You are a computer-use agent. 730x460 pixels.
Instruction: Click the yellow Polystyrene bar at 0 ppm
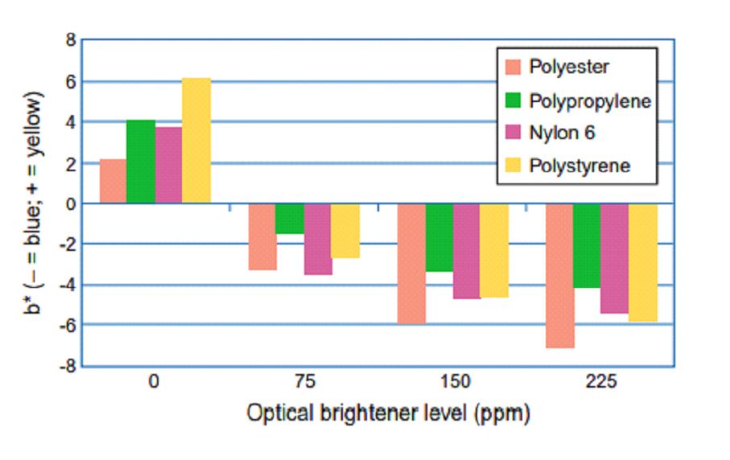coord(196,141)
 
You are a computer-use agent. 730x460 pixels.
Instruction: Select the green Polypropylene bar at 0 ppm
coord(141,162)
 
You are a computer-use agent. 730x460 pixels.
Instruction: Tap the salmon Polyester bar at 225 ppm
coord(559,276)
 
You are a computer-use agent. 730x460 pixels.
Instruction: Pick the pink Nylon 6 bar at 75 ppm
coord(318,239)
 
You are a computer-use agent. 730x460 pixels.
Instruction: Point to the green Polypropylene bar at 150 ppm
coord(439,238)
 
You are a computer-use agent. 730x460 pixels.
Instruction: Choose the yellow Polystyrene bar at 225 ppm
coord(643,263)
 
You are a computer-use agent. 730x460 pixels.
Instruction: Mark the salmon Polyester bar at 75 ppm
coord(262,236)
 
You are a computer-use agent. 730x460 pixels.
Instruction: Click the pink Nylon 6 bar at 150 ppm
coord(467,251)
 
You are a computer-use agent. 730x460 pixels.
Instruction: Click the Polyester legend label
coord(569,67)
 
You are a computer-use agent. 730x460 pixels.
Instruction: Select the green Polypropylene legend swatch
coord(513,100)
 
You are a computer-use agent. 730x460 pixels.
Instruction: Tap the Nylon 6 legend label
coord(562,133)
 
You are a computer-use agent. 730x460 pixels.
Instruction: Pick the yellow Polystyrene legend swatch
coord(513,165)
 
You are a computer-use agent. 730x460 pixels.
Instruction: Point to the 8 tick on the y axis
coord(71,40)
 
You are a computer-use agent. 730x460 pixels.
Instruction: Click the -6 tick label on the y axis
coord(68,326)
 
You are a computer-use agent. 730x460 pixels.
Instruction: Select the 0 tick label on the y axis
coord(71,203)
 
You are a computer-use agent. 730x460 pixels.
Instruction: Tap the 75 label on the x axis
coord(305,382)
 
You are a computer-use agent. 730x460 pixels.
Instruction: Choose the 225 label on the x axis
coord(601,382)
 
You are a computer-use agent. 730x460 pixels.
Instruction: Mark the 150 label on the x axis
coord(456,382)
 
